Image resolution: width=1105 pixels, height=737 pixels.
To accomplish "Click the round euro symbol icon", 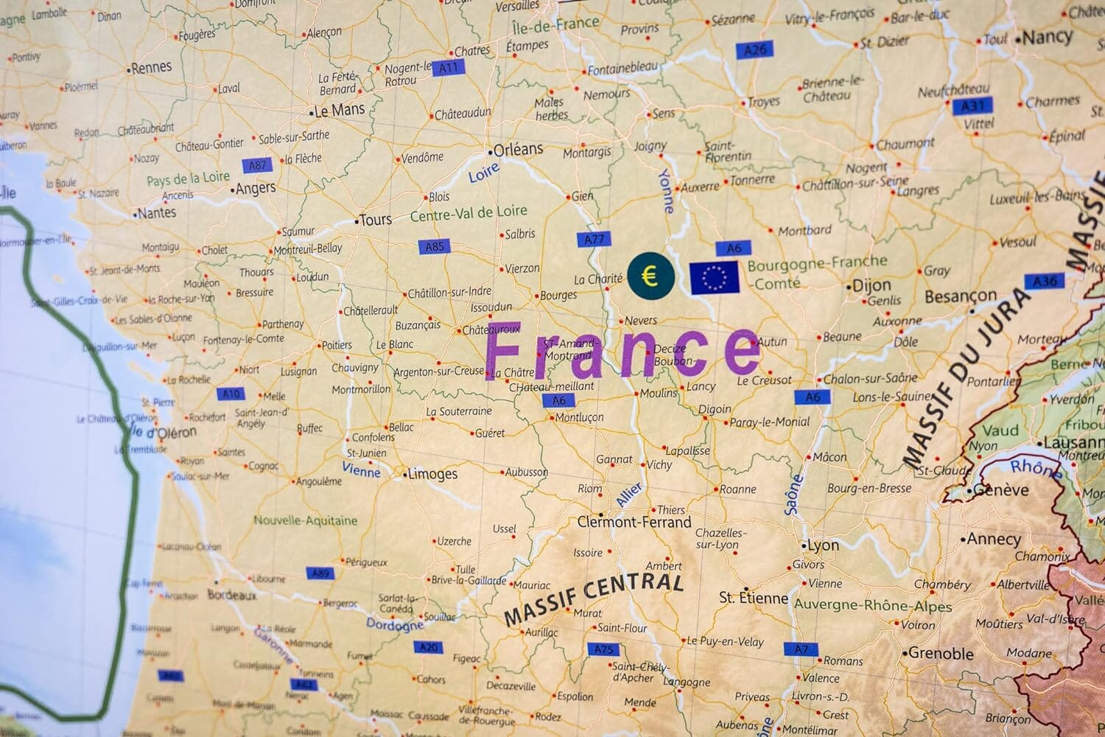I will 650,276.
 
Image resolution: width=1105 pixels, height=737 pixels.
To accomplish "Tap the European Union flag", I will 715,277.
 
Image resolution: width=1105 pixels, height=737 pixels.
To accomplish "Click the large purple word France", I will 623,352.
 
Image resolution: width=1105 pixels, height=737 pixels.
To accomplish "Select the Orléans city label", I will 518,150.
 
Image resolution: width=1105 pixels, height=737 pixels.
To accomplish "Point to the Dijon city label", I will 871,285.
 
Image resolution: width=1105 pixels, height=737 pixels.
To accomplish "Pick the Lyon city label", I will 823,545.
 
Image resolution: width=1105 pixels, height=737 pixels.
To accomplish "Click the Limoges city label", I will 432,474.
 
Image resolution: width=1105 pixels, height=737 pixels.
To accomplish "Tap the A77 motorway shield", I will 594,239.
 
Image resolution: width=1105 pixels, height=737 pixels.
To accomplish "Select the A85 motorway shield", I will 435,246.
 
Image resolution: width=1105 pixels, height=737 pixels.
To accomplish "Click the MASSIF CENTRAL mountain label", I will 594,598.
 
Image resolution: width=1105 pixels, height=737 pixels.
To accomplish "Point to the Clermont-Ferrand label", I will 634,523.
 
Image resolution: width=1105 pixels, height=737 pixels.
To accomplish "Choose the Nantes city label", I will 157,213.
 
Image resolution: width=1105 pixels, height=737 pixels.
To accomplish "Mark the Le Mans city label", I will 339,111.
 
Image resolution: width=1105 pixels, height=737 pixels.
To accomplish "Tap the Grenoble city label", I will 941,653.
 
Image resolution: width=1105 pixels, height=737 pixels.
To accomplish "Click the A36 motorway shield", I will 1045,282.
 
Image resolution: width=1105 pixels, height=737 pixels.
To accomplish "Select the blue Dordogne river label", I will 395,624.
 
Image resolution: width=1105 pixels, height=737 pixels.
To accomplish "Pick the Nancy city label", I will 1048,36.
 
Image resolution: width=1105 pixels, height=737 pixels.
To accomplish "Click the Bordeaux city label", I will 232,594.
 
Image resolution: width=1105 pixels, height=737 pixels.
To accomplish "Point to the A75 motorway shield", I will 603,649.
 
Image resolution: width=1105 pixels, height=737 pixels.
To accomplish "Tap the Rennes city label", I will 151,68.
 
